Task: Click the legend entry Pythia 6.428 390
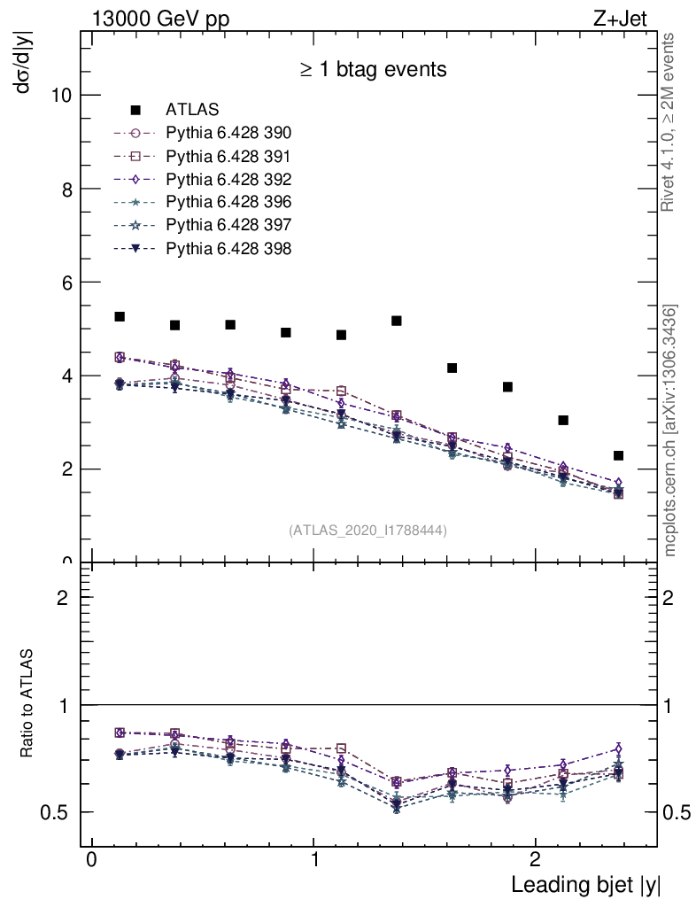coord(228,134)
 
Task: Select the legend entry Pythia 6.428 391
coord(228,157)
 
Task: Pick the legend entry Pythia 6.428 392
coord(228,180)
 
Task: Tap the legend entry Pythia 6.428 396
coord(228,203)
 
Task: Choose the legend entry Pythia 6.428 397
coord(228,226)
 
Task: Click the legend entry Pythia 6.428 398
coord(228,249)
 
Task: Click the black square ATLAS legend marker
coord(136,111)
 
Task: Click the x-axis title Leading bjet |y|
coord(585,885)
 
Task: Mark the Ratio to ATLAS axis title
coord(27,705)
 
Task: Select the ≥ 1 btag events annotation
coord(373,69)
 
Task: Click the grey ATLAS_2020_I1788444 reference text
coord(367,531)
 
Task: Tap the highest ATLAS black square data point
coord(120,316)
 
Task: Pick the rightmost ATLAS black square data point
coord(618,455)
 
